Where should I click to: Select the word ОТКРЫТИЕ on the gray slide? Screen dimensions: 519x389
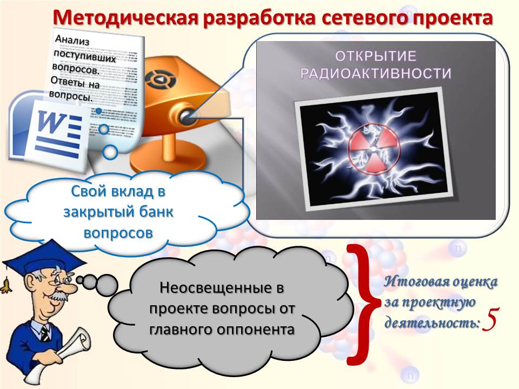376,56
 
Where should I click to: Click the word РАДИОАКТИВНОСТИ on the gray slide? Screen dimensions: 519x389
376,73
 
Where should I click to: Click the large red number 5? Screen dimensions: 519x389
490,320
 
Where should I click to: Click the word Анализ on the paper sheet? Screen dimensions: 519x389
72,40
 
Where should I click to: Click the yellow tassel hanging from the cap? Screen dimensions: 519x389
6,286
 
